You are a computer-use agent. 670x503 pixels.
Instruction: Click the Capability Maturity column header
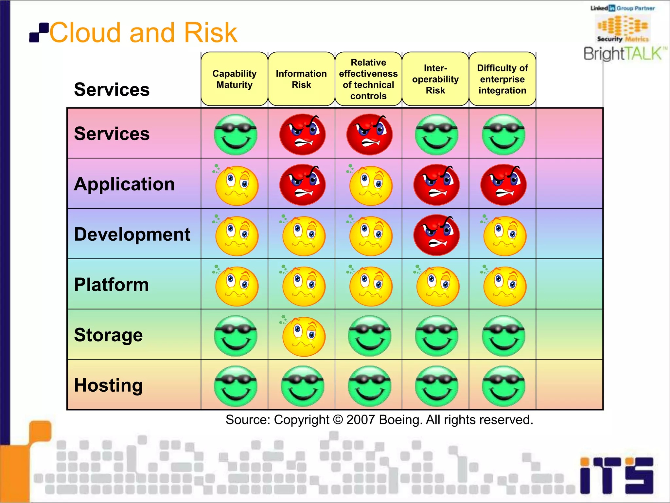coord(234,79)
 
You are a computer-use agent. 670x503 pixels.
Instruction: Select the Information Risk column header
coord(301,79)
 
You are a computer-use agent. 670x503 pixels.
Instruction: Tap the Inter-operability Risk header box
coord(435,79)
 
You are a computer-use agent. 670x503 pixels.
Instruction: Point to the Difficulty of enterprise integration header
coord(502,79)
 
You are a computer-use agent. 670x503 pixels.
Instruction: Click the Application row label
coord(124,184)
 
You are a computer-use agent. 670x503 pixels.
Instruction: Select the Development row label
coord(132,234)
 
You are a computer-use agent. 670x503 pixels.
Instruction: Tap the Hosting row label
coord(108,385)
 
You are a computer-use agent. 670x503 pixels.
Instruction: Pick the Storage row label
coord(108,335)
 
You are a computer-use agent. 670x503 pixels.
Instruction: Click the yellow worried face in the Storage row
coord(304,336)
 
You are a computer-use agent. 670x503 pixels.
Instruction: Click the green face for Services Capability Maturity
coord(236,135)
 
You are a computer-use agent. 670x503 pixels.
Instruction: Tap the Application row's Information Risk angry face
coord(303,185)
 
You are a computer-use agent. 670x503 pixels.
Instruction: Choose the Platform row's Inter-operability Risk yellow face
coord(437,286)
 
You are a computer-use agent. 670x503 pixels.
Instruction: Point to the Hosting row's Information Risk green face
coord(303,386)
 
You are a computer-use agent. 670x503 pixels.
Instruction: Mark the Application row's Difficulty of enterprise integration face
coord(503,185)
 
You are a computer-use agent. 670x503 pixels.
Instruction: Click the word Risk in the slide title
coord(210,33)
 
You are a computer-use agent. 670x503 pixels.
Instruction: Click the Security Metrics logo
coord(623,29)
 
